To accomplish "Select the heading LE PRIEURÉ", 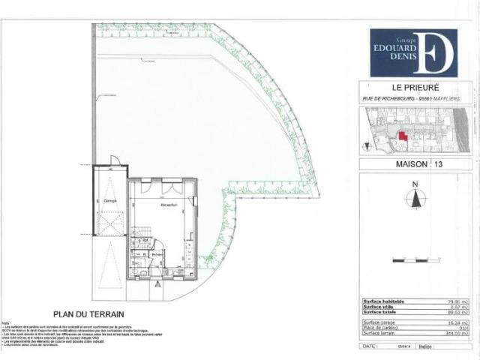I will (x=415, y=86).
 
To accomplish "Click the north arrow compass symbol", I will (x=414, y=197).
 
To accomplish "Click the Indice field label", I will (x=426, y=346).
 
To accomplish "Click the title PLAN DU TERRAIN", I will (x=88, y=315).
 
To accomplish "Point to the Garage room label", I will (x=109, y=202).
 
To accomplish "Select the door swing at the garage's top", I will (x=113, y=160).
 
